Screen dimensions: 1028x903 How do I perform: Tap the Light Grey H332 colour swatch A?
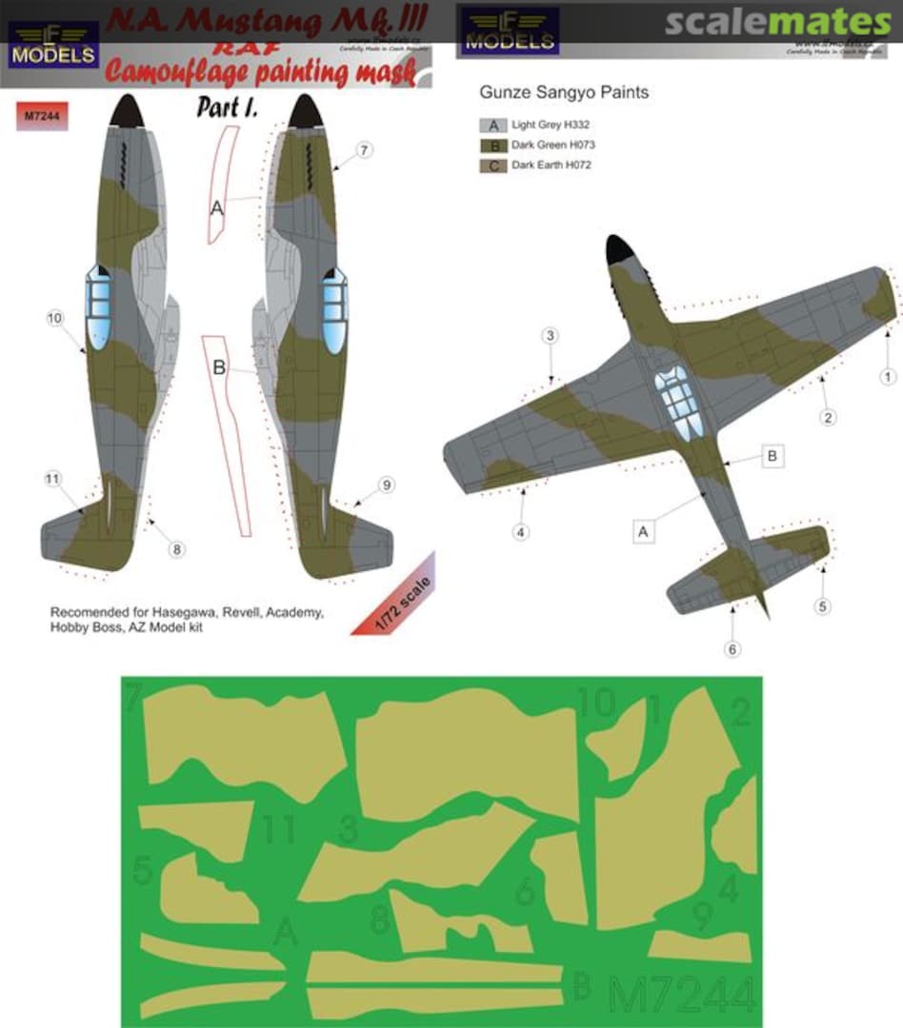(493, 125)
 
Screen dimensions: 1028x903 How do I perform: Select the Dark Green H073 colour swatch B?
(493, 145)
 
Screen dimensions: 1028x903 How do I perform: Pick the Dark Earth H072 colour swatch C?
(493, 166)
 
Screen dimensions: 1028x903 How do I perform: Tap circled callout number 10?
(54, 318)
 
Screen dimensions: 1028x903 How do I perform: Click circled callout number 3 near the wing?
(550, 335)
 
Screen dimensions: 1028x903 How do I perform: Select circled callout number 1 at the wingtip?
(888, 377)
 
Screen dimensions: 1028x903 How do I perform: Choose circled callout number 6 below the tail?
(732, 649)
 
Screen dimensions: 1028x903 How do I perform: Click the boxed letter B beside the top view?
(773, 457)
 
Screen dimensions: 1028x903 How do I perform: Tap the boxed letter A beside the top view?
(643, 533)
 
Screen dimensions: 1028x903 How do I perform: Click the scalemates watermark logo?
(777, 22)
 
